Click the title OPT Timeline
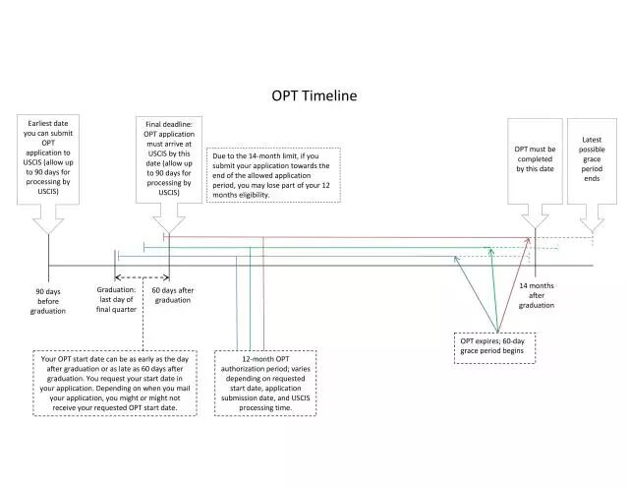(314, 96)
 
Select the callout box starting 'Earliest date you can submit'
(47, 158)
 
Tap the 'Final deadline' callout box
(168, 158)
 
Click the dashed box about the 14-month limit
(273, 175)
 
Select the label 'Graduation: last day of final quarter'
(117, 299)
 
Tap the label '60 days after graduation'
(173, 295)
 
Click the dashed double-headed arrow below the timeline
(143, 277)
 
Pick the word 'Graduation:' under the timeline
(117, 289)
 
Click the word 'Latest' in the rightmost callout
(592, 141)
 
